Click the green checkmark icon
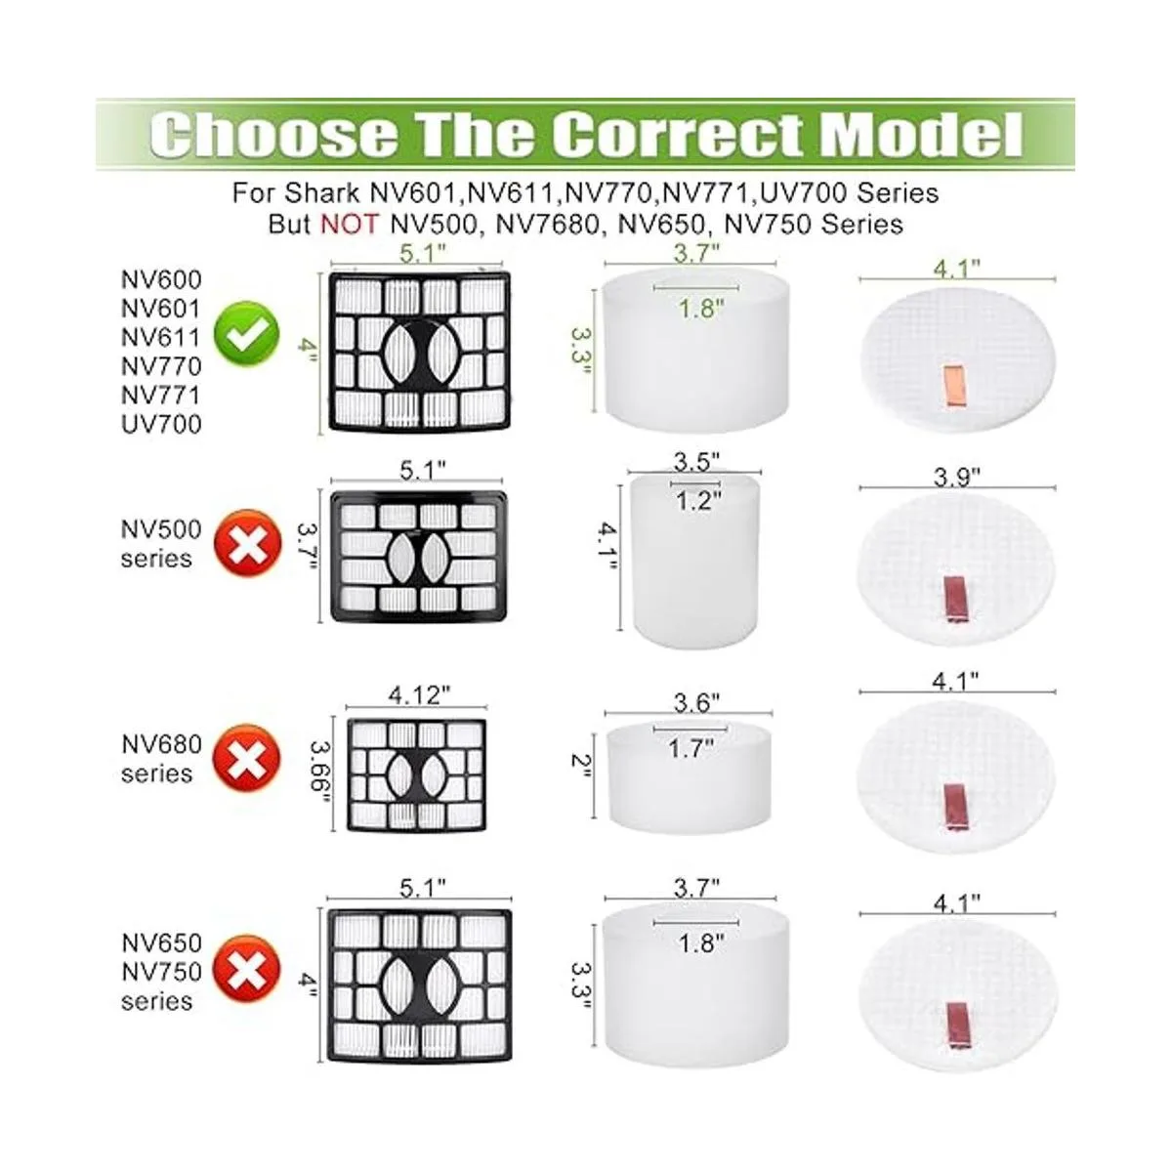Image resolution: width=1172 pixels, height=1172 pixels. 246,333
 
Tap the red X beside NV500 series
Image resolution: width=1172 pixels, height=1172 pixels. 246,543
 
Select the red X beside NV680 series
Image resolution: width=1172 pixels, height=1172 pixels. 246,758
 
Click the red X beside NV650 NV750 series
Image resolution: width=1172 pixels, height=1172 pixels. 246,969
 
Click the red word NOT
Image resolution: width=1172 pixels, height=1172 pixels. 349,225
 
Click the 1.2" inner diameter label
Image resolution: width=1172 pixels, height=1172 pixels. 699,501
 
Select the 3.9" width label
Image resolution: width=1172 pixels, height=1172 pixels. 957,478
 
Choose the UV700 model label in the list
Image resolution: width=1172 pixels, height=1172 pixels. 161,425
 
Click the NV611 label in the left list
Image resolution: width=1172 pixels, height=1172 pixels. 161,338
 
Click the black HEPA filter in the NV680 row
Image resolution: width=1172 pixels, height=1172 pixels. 417,774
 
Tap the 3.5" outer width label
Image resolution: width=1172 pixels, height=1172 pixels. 697,463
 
